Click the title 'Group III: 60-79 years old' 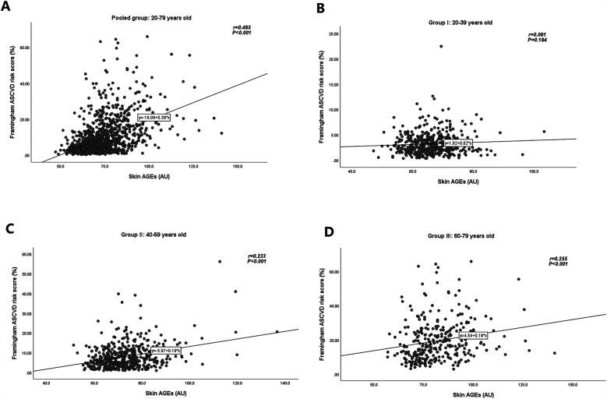tap(468, 235)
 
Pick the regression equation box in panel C tap(166, 351)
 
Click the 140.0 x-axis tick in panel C tap(285, 383)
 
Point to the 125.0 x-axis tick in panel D tap(523, 385)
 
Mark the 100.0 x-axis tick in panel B tap(534, 171)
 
